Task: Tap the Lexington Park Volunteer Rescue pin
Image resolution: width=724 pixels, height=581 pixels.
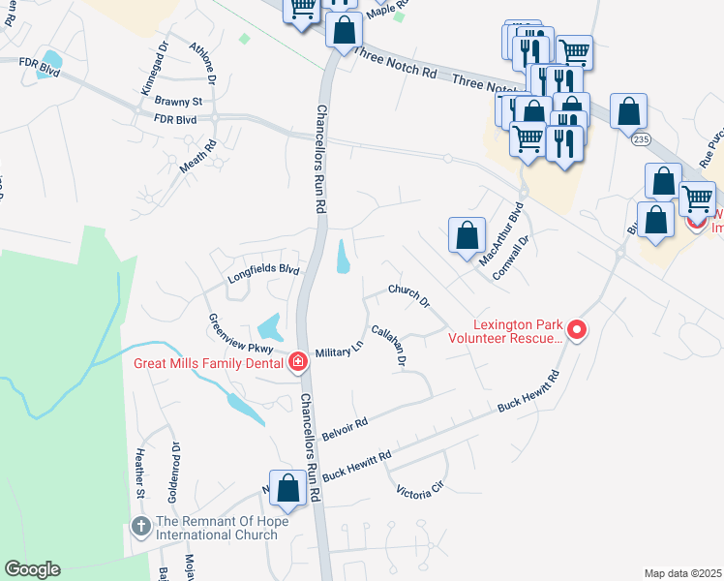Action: (577, 331)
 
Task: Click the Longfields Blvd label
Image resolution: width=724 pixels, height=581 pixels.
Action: (263, 272)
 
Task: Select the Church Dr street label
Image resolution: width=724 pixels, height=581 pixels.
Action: (408, 295)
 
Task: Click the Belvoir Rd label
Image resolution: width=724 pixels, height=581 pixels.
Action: (347, 428)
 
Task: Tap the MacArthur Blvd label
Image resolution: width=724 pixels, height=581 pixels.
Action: (501, 232)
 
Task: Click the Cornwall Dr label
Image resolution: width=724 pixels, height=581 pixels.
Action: (512, 257)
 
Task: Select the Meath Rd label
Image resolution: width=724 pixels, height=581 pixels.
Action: (197, 157)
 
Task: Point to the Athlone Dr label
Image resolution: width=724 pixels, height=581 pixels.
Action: (203, 63)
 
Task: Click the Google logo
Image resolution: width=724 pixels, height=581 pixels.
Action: (32, 569)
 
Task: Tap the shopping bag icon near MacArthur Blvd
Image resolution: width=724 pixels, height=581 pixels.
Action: (467, 234)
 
